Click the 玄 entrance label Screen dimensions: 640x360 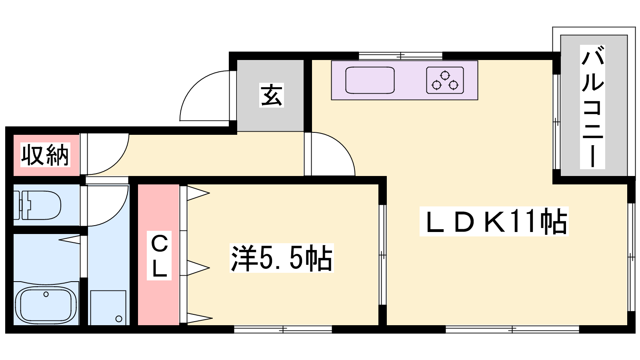coord(272,95)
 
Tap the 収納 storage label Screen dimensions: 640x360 coord(46,155)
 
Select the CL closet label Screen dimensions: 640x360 coord(159,256)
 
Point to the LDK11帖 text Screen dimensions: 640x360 coord(494,222)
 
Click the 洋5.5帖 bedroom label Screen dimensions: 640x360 coord(282,258)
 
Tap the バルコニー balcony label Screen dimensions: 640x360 coord(592,107)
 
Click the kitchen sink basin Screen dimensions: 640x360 coord(370,80)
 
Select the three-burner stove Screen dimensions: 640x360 coord(445,80)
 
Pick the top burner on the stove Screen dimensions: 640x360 coord(445,76)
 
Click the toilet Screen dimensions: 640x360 coord(38,205)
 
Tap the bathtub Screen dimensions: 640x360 coord(46,305)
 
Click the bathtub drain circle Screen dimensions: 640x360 coord(46,294)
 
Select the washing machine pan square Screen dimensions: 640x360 coord(108,308)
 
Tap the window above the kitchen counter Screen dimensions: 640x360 coord(400,56)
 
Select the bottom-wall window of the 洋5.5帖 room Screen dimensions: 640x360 coord(283,330)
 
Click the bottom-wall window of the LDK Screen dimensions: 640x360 coord(512,330)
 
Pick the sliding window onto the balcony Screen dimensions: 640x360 coord(556,122)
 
